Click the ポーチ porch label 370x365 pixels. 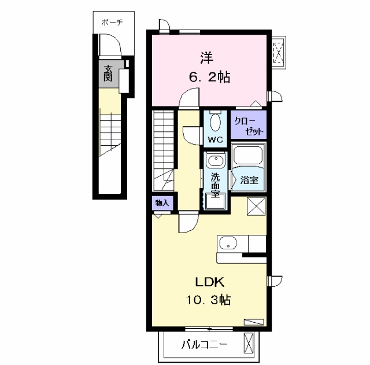[112, 23]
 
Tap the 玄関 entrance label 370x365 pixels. [108, 73]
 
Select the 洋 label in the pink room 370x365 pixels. [207, 58]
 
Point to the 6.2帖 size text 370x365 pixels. [209, 77]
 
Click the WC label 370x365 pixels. [215, 140]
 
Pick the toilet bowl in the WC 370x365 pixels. [215, 122]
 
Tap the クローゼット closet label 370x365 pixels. [248, 126]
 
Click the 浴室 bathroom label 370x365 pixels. [249, 180]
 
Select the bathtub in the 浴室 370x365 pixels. [248, 155]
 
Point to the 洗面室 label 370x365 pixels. [215, 185]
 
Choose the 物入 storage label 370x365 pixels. [162, 203]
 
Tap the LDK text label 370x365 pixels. [209, 282]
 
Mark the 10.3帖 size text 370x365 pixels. [208, 300]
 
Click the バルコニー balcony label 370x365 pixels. [205, 345]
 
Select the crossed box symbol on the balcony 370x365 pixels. [249, 343]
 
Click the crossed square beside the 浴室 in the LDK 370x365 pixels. [256, 207]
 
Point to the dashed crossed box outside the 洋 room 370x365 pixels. [279, 53]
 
